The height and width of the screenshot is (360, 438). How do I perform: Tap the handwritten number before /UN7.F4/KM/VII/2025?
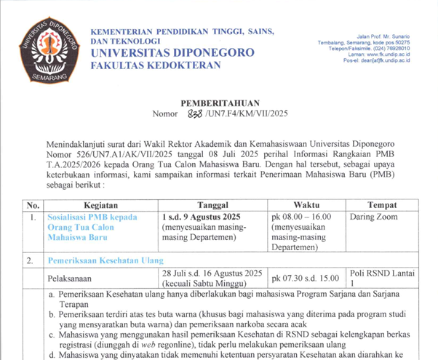pos(178,113)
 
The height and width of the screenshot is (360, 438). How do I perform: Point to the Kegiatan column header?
pos(96,205)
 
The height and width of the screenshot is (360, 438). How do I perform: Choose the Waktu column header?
pos(306,205)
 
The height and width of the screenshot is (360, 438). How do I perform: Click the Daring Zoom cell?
pos(376,217)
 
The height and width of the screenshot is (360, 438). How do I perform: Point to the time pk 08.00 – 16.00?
pos(301,217)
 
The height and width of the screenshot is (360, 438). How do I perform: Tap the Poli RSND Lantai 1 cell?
pos(382,277)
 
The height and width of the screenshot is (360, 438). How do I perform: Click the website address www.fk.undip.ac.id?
pos(385,55)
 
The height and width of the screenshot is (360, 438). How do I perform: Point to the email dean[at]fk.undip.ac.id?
pos(383,62)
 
